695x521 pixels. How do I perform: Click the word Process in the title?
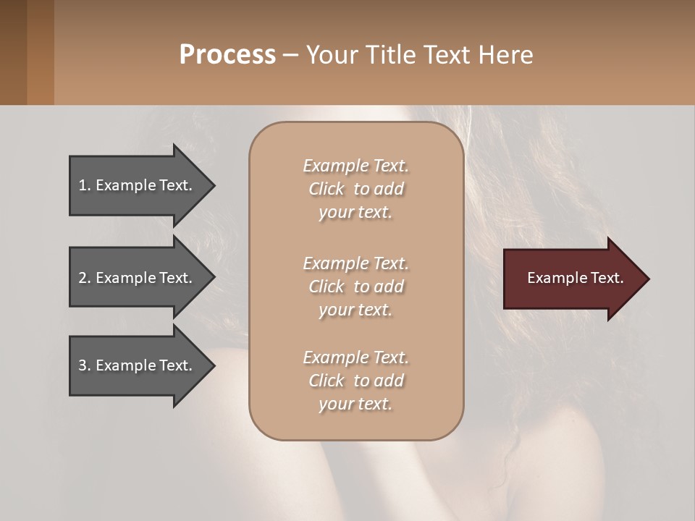coord(227,55)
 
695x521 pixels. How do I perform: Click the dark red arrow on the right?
coord(572,278)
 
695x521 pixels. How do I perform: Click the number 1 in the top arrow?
coord(83,185)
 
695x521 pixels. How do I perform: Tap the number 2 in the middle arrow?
coord(83,278)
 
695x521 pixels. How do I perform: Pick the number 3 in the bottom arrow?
coord(83,365)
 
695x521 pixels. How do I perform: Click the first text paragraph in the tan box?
coord(355,189)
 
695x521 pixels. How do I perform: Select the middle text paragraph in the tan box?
coord(355,287)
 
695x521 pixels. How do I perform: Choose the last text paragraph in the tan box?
coord(355,381)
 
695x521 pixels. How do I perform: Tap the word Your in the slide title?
coord(330,55)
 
